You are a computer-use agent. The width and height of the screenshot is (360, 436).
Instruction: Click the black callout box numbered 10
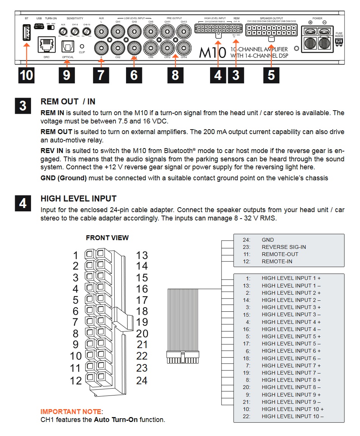pyautogui.click(x=26, y=75)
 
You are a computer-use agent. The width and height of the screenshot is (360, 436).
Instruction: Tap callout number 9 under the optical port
pyautogui.click(x=67, y=75)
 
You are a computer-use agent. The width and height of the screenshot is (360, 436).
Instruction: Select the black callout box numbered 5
pyautogui.click(x=271, y=75)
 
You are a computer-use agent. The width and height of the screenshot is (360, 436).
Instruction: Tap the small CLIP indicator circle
pyautogui.click(x=82, y=46)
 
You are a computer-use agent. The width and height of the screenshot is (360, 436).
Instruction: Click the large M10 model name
pyautogui.click(x=212, y=52)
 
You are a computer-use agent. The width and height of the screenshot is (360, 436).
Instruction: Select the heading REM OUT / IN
pyautogui.click(x=68, y=102)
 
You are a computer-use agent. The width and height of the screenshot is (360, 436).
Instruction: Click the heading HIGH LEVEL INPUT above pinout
pyautogui.click(x=78, y=198)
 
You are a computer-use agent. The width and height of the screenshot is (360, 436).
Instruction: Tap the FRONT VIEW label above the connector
pyautogui.click(x=107, y=238)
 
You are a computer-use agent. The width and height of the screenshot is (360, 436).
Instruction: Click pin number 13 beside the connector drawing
pyautogui.click(x=142, y=255)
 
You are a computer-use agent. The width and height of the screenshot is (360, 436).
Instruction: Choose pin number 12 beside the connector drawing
pyautogui.click(x=76, y=380)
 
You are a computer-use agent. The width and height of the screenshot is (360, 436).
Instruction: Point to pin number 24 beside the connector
pyautogui.click(x=142, y=380)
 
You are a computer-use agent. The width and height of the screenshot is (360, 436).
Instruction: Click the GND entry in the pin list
pyautogui.click(x=268, y=240)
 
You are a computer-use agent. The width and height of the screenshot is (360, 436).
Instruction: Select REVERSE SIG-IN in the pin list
pyautogui.click(x=284, y=247)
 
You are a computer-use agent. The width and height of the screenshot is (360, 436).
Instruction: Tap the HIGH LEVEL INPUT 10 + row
pyautogui.click(x=292, y=409)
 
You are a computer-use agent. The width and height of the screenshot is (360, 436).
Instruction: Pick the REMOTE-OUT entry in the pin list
pyautogui.click(x=280, y=254)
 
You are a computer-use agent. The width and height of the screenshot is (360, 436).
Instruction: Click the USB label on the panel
pyautogui.click(x=39, y=18)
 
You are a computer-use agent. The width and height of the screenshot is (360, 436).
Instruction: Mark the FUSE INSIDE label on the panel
pyautogui.click(x=339, y=35)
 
